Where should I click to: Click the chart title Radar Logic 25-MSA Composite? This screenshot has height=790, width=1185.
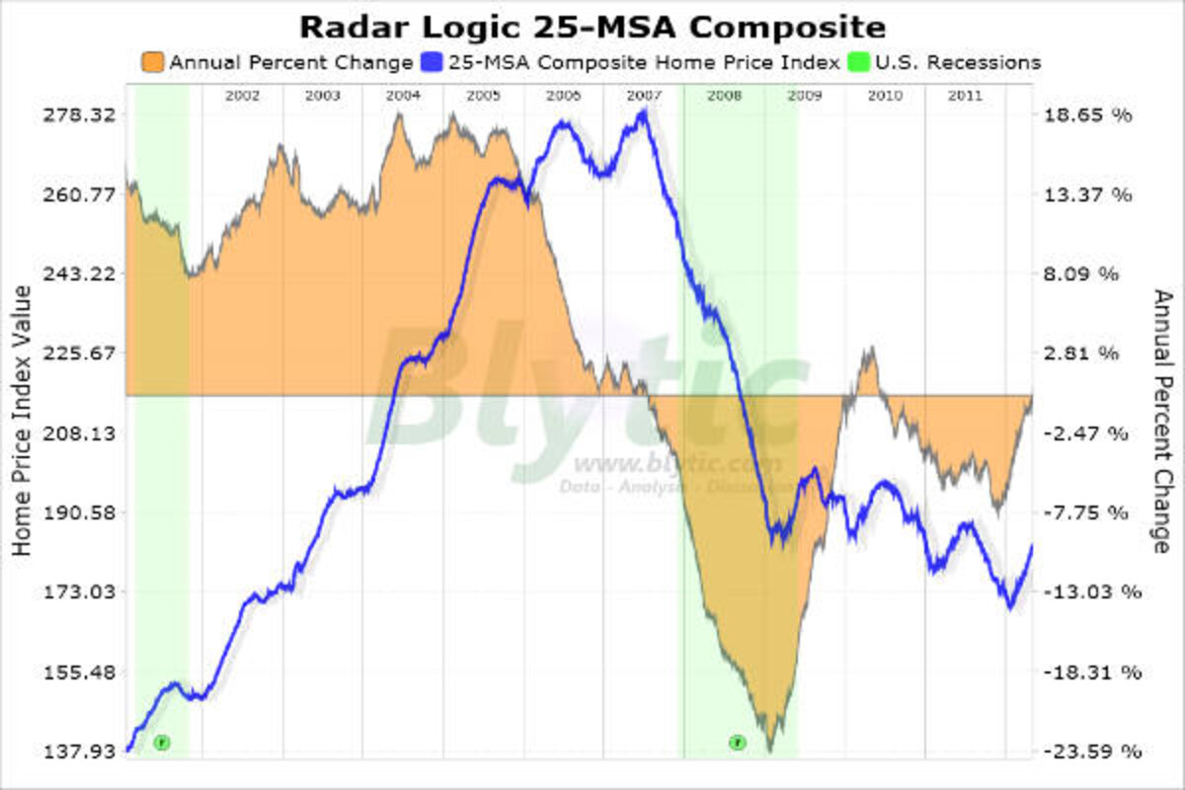tap(592, 25)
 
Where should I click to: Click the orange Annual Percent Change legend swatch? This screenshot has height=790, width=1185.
tap(154, 62)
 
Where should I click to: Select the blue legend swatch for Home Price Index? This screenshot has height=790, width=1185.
tap(430, 62)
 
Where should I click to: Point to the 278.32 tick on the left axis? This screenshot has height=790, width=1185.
tap(81, 115)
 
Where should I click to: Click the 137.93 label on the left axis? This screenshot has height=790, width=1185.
tap(81, 751)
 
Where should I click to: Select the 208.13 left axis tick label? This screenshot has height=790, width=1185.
tap(81, 433)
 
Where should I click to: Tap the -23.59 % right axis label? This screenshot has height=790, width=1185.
tap(1087, 751)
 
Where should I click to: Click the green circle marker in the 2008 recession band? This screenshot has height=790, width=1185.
tap(737, 742)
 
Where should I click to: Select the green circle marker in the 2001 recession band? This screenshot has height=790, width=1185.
tap(162, 742)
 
